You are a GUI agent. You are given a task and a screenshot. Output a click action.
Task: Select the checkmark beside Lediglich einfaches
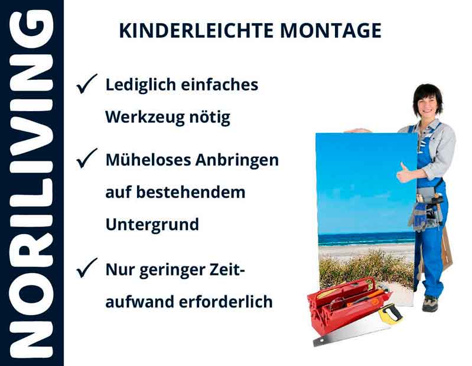point(87,85)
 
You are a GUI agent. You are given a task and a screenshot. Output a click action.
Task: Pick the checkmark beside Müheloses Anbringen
point(87,159)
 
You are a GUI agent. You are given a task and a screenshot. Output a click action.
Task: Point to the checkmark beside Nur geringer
point(87,270)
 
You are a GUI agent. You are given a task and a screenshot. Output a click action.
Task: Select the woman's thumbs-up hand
point(404,173)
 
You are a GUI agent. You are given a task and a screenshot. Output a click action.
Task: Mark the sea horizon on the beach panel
point(366,235)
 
